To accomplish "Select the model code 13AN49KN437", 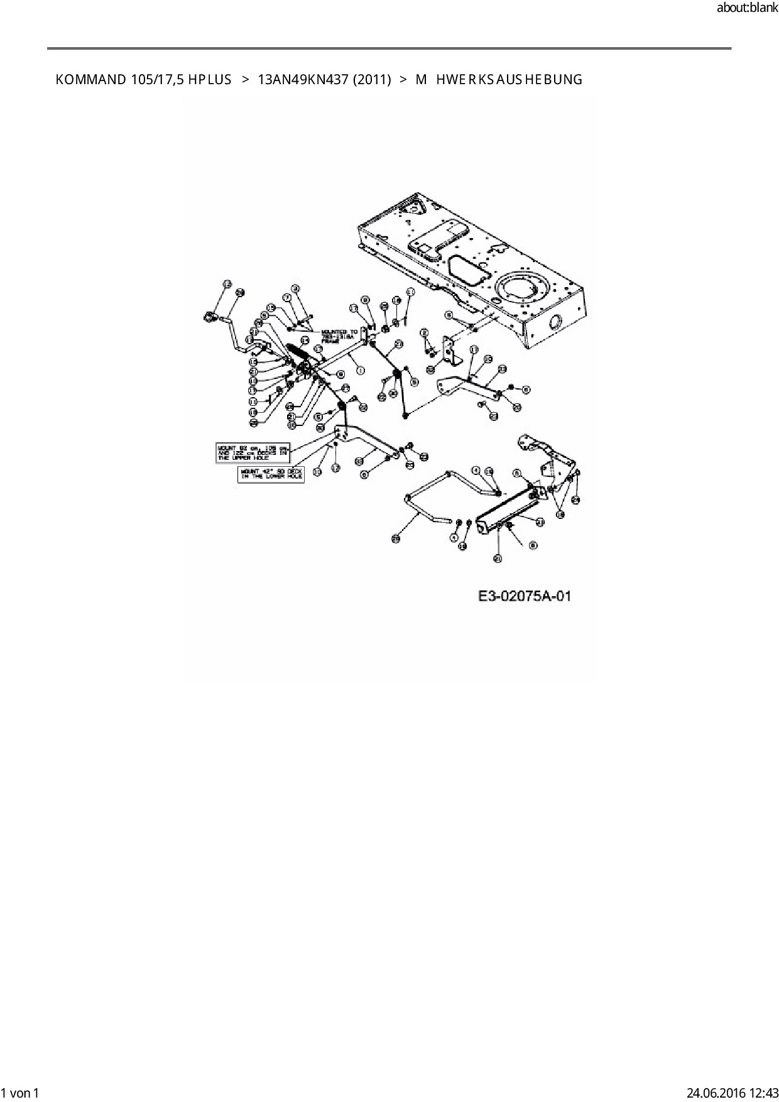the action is click(303, 80).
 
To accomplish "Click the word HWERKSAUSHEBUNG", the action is click(509, 80).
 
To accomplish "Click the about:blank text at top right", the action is click(747, 8).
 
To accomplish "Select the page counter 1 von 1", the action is click(21, 1093).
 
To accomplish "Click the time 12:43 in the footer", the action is click(763, 1093).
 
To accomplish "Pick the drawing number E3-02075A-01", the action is click(525, 596).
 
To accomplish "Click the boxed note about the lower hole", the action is click(271, 474).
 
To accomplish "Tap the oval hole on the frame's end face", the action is click(555, 323).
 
